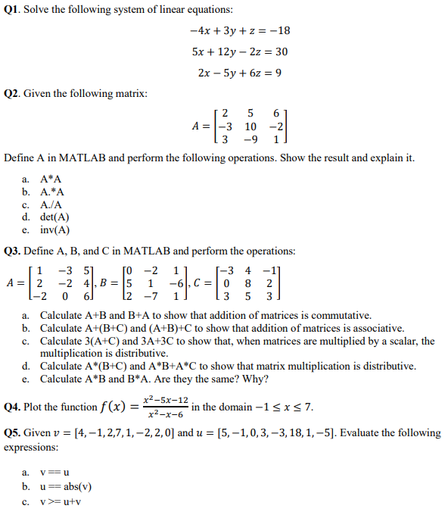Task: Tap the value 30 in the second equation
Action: coord(280,52)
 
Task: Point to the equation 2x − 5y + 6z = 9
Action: coord(239,73)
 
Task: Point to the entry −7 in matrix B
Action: coord(152,298)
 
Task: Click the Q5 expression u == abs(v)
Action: coord(66,485)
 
